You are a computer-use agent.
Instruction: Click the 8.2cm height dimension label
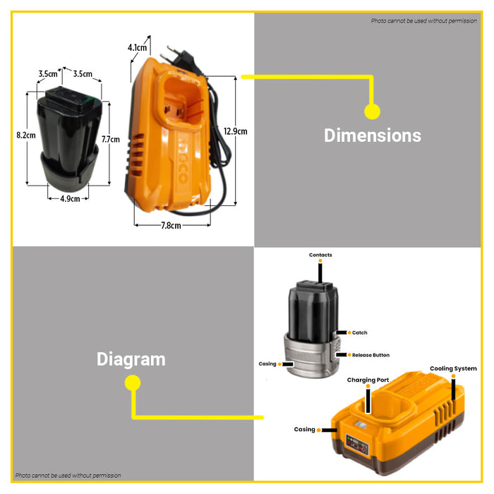[x=25, y=135]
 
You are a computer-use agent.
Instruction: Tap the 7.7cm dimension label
[x=110, y=139]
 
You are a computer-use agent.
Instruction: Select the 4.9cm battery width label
[x=69, y=199]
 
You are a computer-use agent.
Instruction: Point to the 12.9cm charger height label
[x=235, y=131]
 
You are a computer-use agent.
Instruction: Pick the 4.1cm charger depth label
[x=138, y=48]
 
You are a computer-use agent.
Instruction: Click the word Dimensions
[x=372, y=135]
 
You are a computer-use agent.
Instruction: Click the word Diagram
[x=131, y=359]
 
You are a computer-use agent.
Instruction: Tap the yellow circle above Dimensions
[x=372, y=111]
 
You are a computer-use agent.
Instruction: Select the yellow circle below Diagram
[x=133, y=383]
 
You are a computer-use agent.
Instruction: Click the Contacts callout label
[x=320, y=255]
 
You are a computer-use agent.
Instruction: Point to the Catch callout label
[x=359, y=332]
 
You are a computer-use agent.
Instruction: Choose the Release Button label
[x=370, y=355]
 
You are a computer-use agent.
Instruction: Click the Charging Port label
[x=368, y=380]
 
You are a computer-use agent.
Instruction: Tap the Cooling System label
[x=453, y=368]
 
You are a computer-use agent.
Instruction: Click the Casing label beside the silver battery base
[x=267, y=364]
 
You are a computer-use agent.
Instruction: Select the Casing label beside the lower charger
[x=305, y=429]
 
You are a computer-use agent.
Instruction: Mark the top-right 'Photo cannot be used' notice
[x=424, y=20]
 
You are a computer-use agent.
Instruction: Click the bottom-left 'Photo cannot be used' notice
[x=68, y=476]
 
